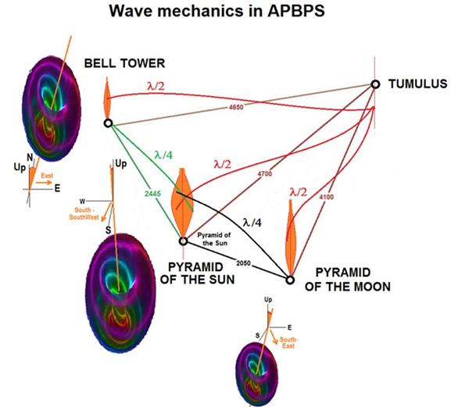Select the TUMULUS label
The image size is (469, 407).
(419, 83)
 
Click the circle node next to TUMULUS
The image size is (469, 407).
(375, 84)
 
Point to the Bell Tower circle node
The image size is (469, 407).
(108, 123)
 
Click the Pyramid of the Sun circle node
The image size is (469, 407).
(182, 241)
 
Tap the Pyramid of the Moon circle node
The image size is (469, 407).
(289, 280)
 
